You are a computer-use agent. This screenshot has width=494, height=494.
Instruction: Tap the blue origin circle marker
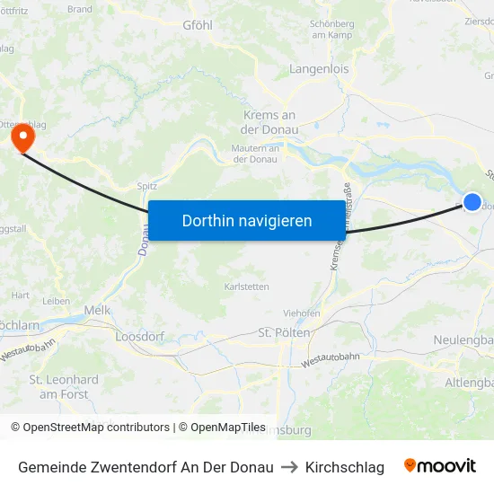[472, 202]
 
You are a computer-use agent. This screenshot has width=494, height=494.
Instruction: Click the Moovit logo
[440, 466]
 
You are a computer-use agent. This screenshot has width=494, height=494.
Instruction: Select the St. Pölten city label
[284, 332]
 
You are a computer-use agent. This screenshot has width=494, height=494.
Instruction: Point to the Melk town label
[96, 310]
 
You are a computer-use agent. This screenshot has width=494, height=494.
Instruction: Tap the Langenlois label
[319, 68]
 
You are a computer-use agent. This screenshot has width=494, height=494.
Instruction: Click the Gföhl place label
[197, 25]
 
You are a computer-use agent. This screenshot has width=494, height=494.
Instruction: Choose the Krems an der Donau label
[269, 122]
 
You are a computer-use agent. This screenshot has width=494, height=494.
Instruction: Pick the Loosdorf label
[137, 337]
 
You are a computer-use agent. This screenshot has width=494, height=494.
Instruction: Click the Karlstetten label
[246, 287]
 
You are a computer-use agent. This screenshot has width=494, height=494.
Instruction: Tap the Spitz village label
[147, 186]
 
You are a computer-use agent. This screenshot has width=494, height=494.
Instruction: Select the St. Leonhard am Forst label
[64, 386]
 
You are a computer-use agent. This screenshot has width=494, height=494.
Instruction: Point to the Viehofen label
[302, 313]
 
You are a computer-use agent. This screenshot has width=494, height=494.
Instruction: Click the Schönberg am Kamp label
[332, 30]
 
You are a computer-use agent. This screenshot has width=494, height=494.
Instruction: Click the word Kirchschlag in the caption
[344, 467]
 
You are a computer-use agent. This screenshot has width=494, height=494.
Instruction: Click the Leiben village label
[56, 301]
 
